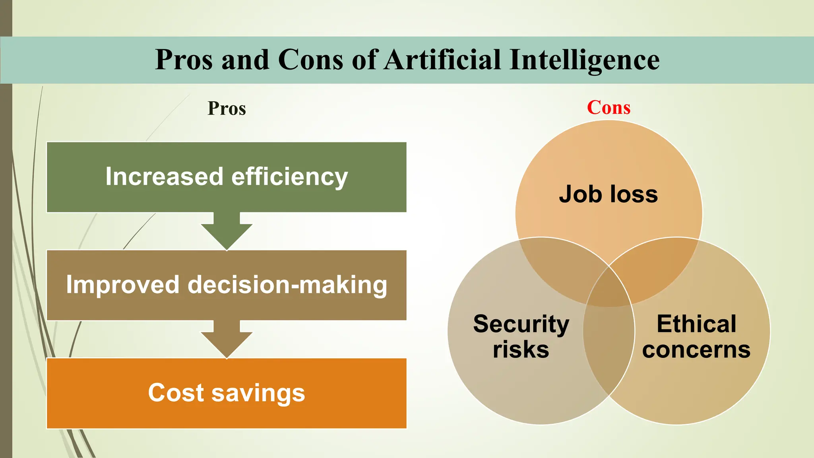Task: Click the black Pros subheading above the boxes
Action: pyautogui.click(x=227, y=108)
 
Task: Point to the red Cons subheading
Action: pyautogui.click(x=609, y=107)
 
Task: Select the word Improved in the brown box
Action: pyautogui.click(x=122, y=285)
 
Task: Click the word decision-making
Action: pyautogui.click(x=287, y=285)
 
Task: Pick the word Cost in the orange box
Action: pyautogui.click(x=175, y=393)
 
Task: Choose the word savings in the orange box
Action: pyautogui.click(x=258, y=394)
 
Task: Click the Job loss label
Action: pyautogui.click(x=608, y=194)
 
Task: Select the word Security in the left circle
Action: pyautogui.click(x=521, y=324)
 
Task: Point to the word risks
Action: pyautogui.click(x=521, y=349)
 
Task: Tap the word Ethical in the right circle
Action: pyautogui.click(x=696, y=324)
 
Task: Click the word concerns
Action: pyautogui.click(x=696, y=350)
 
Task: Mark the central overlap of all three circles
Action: pyautogui.click(x=609, y=286)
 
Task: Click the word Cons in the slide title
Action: pyautogui.click(x=310, y=60)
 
